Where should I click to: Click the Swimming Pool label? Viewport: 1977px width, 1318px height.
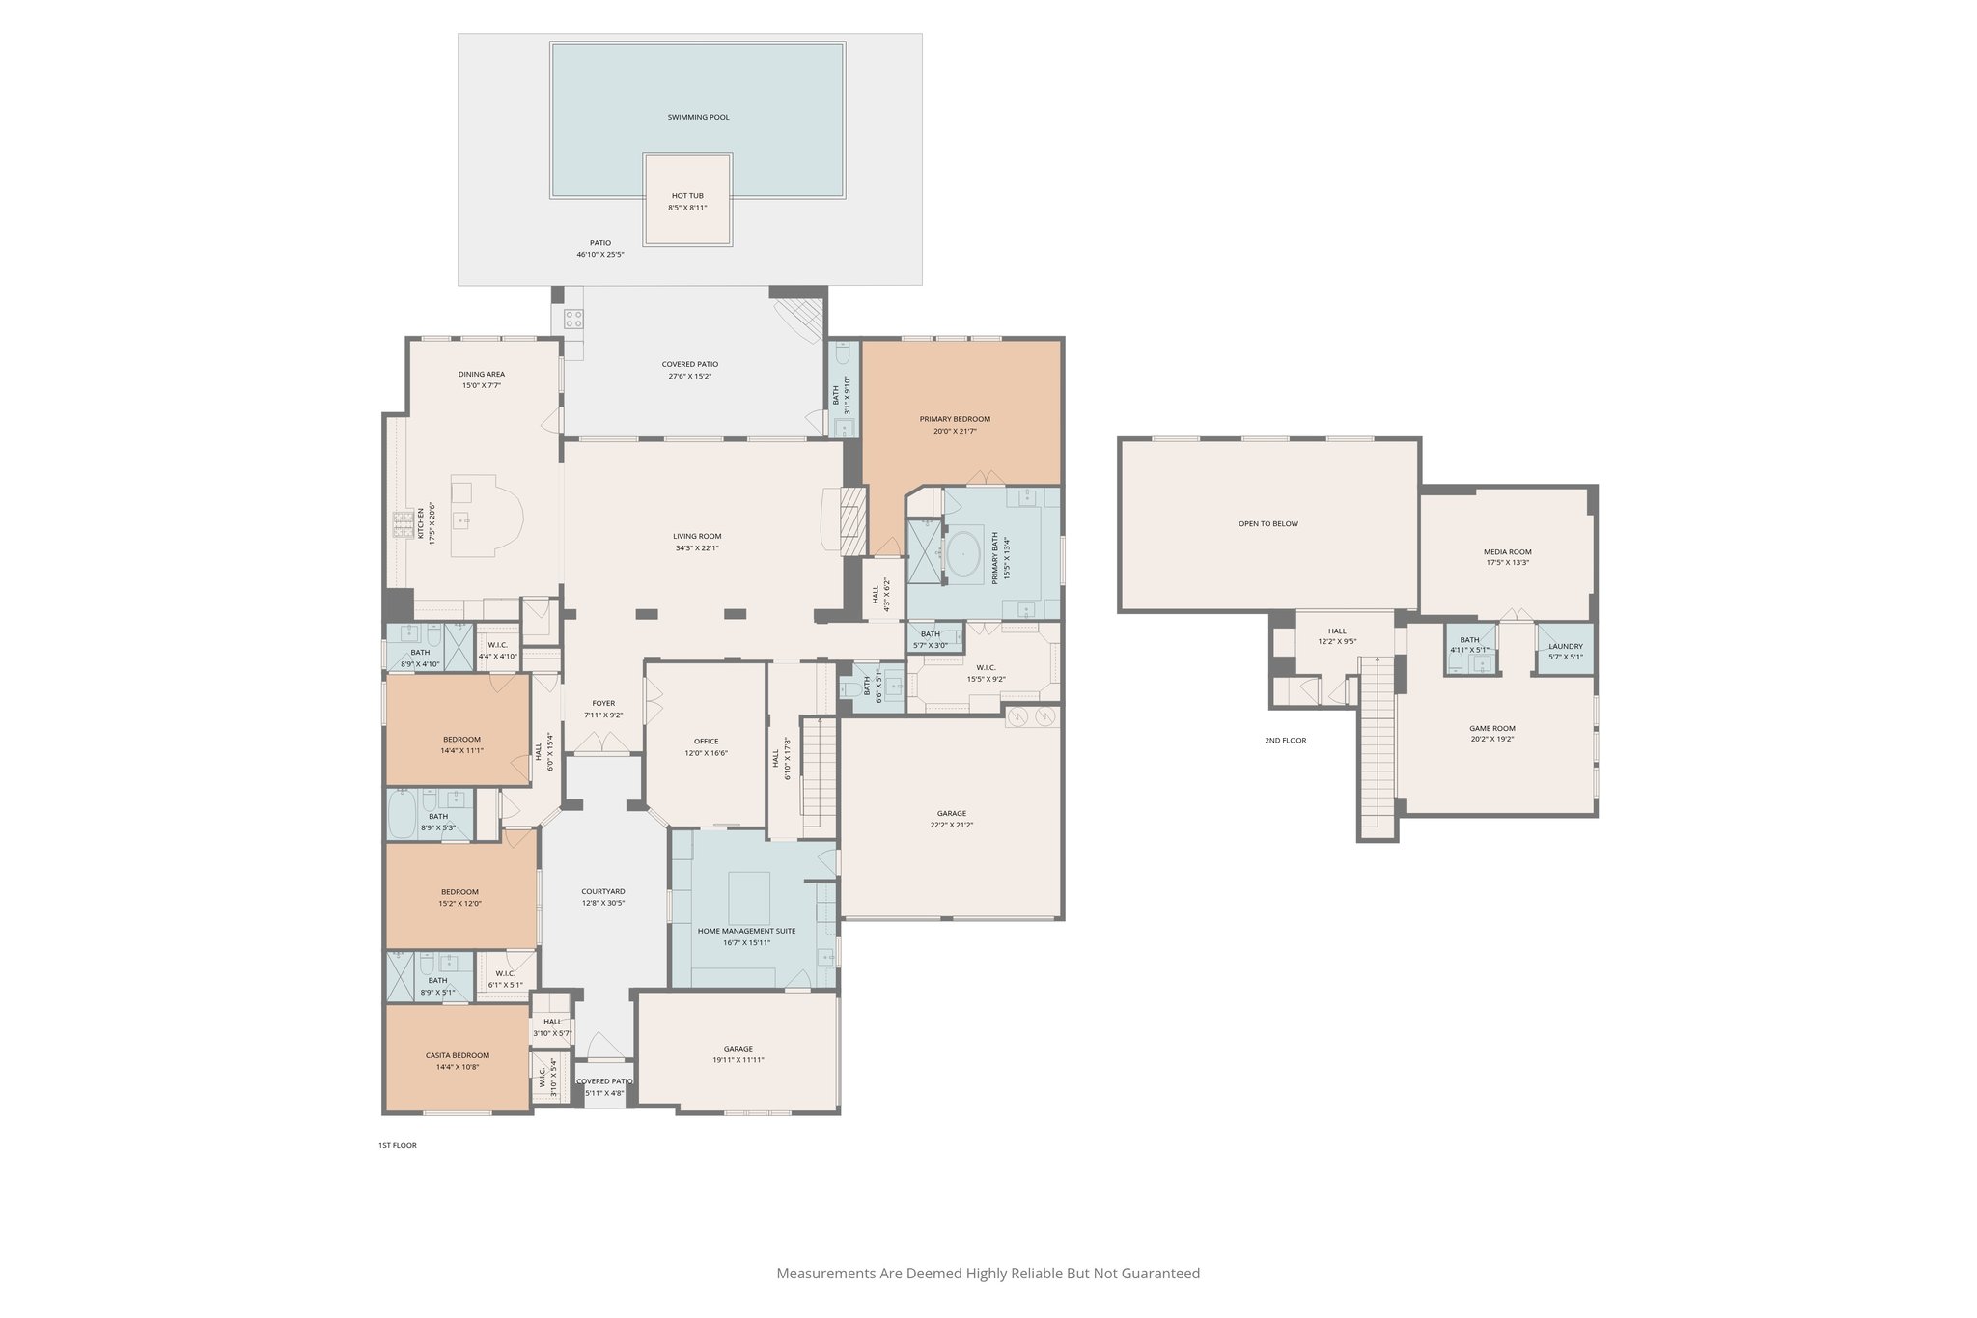point(698,117)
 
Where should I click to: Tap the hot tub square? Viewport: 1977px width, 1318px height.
point(687,200)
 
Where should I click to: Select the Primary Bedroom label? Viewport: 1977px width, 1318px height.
point(955,419)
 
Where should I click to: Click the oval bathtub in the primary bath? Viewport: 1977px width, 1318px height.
point(963,556)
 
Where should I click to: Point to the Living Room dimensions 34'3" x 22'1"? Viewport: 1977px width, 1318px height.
point(697,548)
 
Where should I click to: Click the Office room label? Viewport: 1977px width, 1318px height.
point(706,742)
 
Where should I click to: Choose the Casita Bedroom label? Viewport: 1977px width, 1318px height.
point(458,1055)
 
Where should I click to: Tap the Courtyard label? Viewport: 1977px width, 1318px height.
point(603,891)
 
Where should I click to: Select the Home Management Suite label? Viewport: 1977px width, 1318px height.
point(746,931)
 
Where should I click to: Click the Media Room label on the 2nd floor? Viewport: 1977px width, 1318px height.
point(1507,552)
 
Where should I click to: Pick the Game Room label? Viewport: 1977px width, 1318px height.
point(1491,728)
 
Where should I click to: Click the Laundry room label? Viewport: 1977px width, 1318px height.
point(1565,646)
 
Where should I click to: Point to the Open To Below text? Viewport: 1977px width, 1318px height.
point(1267,523)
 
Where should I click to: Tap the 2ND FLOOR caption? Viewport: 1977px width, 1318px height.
point(1285,741)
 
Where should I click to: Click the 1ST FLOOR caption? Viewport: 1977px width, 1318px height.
point(397,1145)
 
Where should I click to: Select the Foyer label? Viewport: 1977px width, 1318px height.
point(603,703)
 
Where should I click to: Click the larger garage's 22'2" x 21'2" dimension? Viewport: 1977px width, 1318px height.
point(951,825)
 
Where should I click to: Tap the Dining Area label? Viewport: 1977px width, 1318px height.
point(481,374)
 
